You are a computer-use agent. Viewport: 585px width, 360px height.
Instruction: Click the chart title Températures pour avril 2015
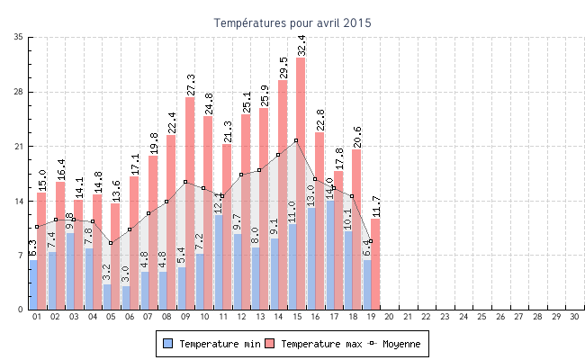coord(292,22)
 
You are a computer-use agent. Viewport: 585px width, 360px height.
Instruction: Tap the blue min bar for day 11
coord(218,262)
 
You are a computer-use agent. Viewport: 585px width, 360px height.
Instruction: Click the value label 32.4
coord(301,45)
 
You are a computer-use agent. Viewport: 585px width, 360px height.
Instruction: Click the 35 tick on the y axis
coord(19,37)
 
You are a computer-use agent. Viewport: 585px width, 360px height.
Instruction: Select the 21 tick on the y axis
coord(19,146)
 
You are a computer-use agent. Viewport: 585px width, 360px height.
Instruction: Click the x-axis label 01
coord(37,317)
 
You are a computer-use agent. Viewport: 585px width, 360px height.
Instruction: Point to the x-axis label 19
coord(371,317)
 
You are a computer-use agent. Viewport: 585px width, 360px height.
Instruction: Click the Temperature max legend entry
coord(314,344)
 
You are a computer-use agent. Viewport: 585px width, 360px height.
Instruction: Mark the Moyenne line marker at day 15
coord(296,140)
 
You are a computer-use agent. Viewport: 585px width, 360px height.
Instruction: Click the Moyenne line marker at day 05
coord(111,243)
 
